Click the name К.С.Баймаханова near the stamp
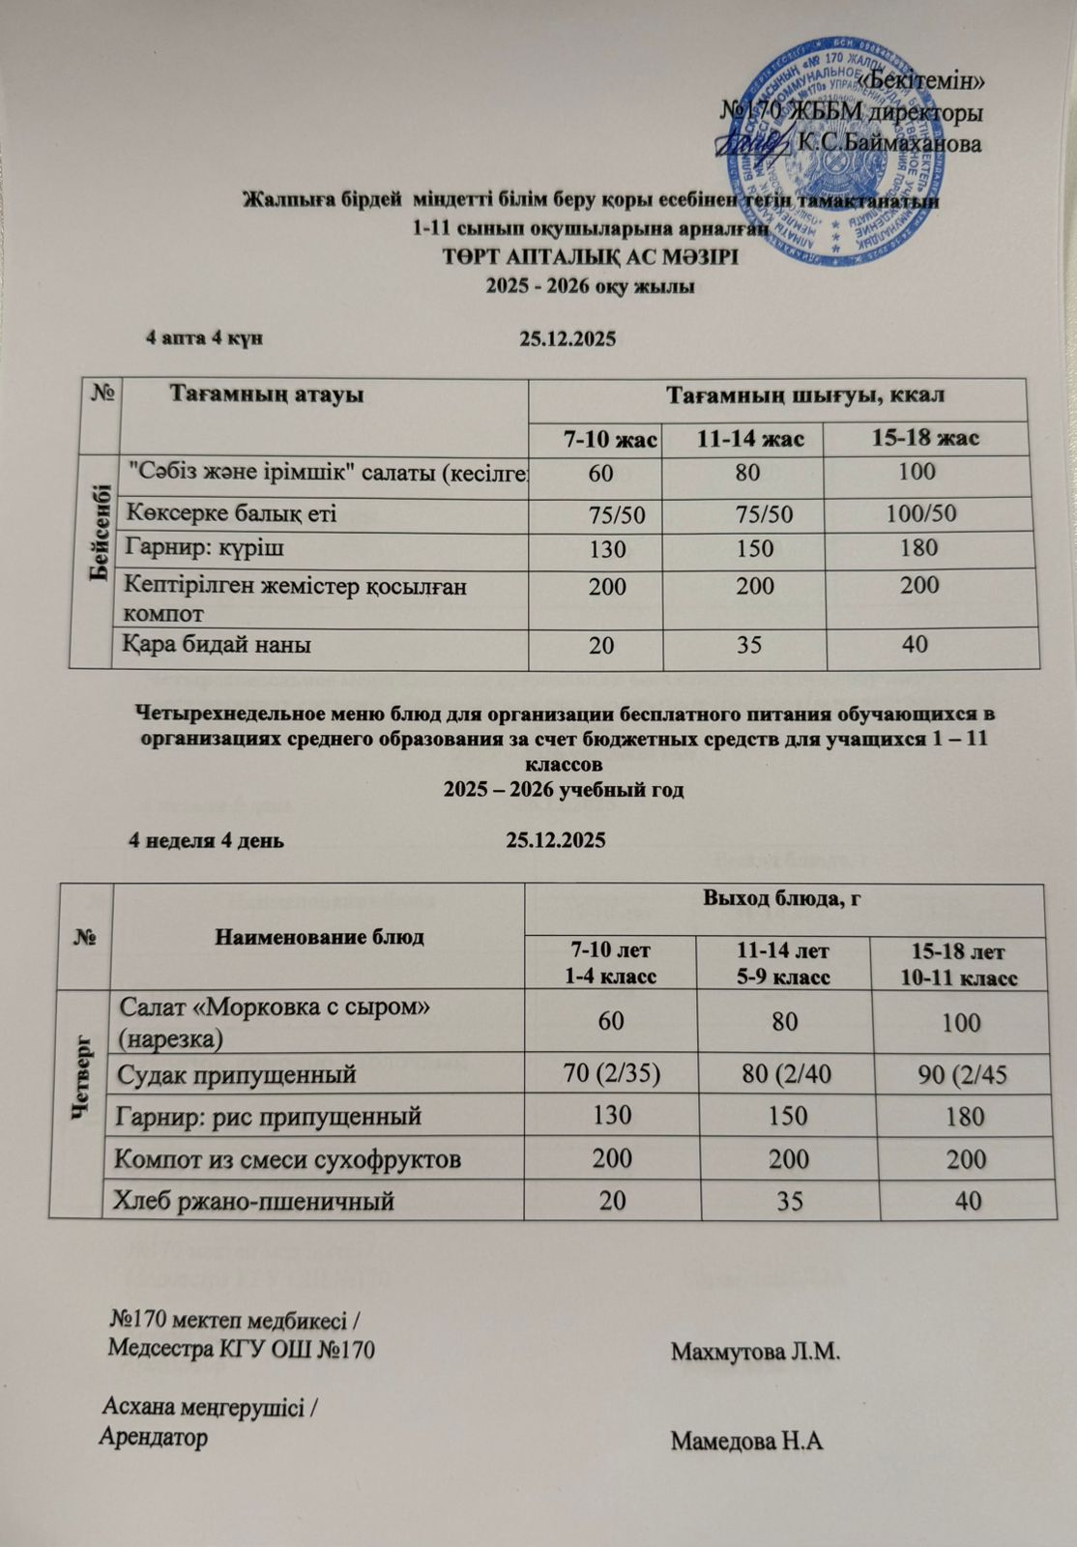[888, 144]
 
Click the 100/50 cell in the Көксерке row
[921, 513]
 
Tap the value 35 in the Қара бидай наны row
[749, 644]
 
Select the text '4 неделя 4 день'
[207, 839]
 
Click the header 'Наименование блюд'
[319, 937]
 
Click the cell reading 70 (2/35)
[611, 1073]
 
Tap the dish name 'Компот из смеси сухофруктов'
[287, 1158]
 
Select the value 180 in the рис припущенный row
[963, 1117]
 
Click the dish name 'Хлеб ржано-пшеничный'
[255, 1201]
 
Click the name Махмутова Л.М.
[755, 1351]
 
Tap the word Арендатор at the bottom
[154, 1437]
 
